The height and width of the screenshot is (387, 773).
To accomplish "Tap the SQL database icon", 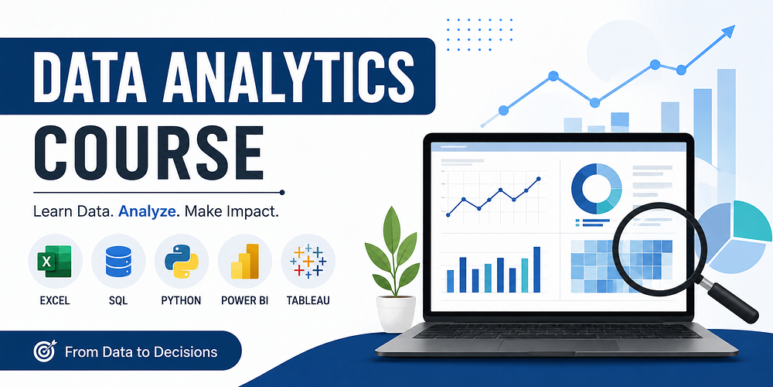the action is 118,261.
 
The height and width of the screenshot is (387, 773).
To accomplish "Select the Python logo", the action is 182,261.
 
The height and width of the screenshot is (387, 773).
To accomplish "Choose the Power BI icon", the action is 245,261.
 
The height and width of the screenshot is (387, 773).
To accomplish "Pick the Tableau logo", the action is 308,261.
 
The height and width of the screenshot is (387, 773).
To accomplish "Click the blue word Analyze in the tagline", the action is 148,214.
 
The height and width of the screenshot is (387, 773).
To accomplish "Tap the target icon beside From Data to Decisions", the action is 46,351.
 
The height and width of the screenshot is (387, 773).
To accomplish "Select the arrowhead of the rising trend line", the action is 727,32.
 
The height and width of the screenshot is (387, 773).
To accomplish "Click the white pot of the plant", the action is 395,313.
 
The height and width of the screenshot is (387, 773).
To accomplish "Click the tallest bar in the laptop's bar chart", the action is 537,269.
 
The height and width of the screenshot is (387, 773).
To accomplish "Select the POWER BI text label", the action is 245,300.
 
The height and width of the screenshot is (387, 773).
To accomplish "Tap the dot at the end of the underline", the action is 282,192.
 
